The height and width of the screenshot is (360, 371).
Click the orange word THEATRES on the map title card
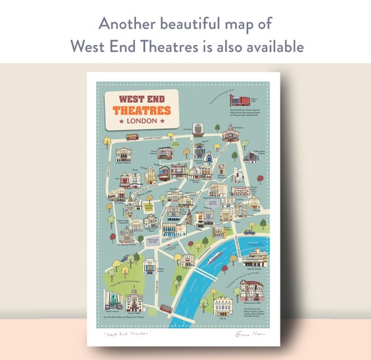coord(141,110)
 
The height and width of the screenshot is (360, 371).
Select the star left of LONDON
coord(122,120)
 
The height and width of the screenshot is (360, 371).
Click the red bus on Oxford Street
coord(132,137)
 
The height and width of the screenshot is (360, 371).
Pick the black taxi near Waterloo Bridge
coord(249,231)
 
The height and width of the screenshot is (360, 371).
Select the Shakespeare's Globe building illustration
coord(251,289)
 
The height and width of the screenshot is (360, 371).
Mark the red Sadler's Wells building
coord(241,100)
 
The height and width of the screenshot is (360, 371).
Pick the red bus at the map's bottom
coord(165,309)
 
